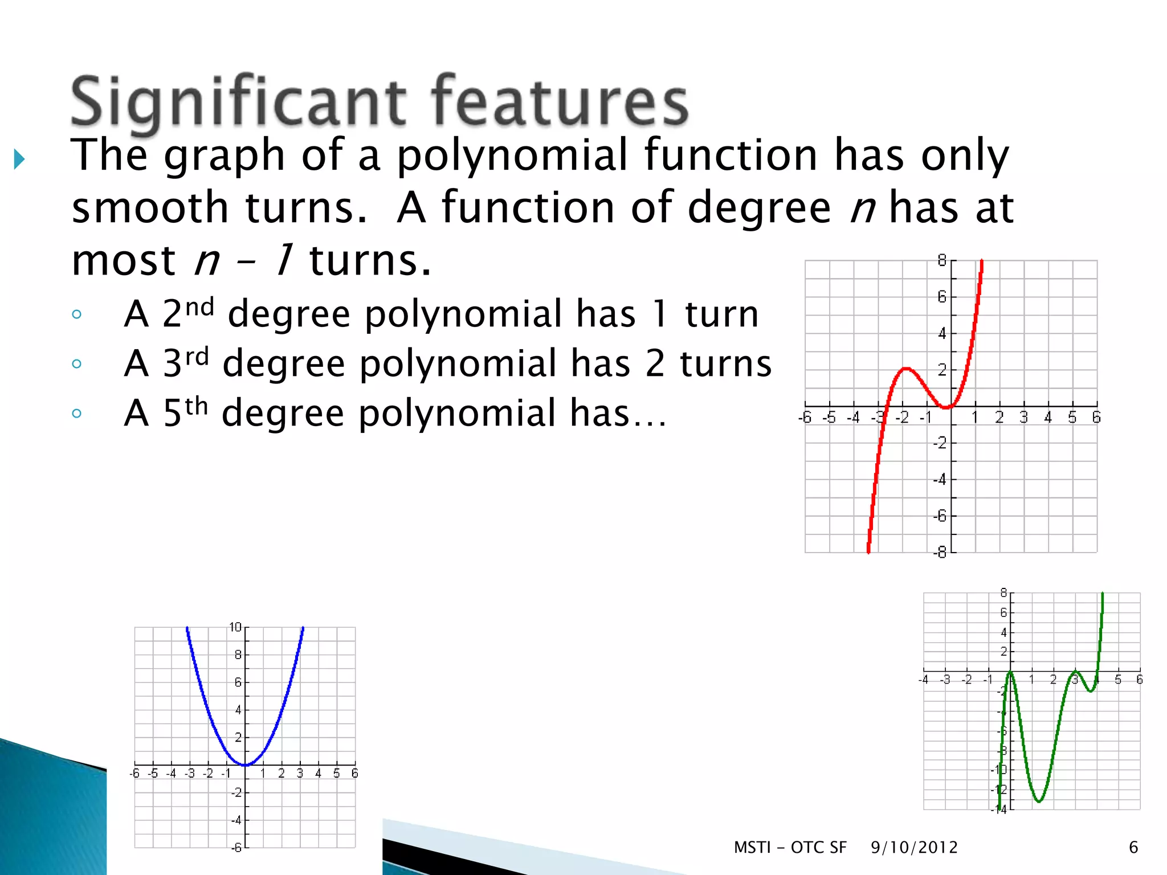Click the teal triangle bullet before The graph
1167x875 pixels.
[x=19, y=159]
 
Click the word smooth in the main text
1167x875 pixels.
[x=150, y=207]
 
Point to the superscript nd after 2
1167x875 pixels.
[x=199, y=307]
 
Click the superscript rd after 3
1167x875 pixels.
[x=197, y=357]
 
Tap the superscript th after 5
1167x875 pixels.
[x=196, y=406]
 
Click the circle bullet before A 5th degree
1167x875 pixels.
[x=77, y=414]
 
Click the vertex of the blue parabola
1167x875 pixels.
[x=245, y=764]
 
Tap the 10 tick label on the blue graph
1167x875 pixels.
[x=235, y=627]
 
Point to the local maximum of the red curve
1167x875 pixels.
[x=905, y=369]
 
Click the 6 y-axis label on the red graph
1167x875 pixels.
[x=941, y=297]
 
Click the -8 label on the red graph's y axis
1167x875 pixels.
[x=939, y=552]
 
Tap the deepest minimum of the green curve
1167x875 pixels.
[x=1039, y=802]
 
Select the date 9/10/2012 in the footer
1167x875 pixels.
[x=914, y=848]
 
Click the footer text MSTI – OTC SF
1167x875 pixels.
[x=790, y=848]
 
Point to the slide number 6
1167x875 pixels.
[x=1133, y=848]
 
